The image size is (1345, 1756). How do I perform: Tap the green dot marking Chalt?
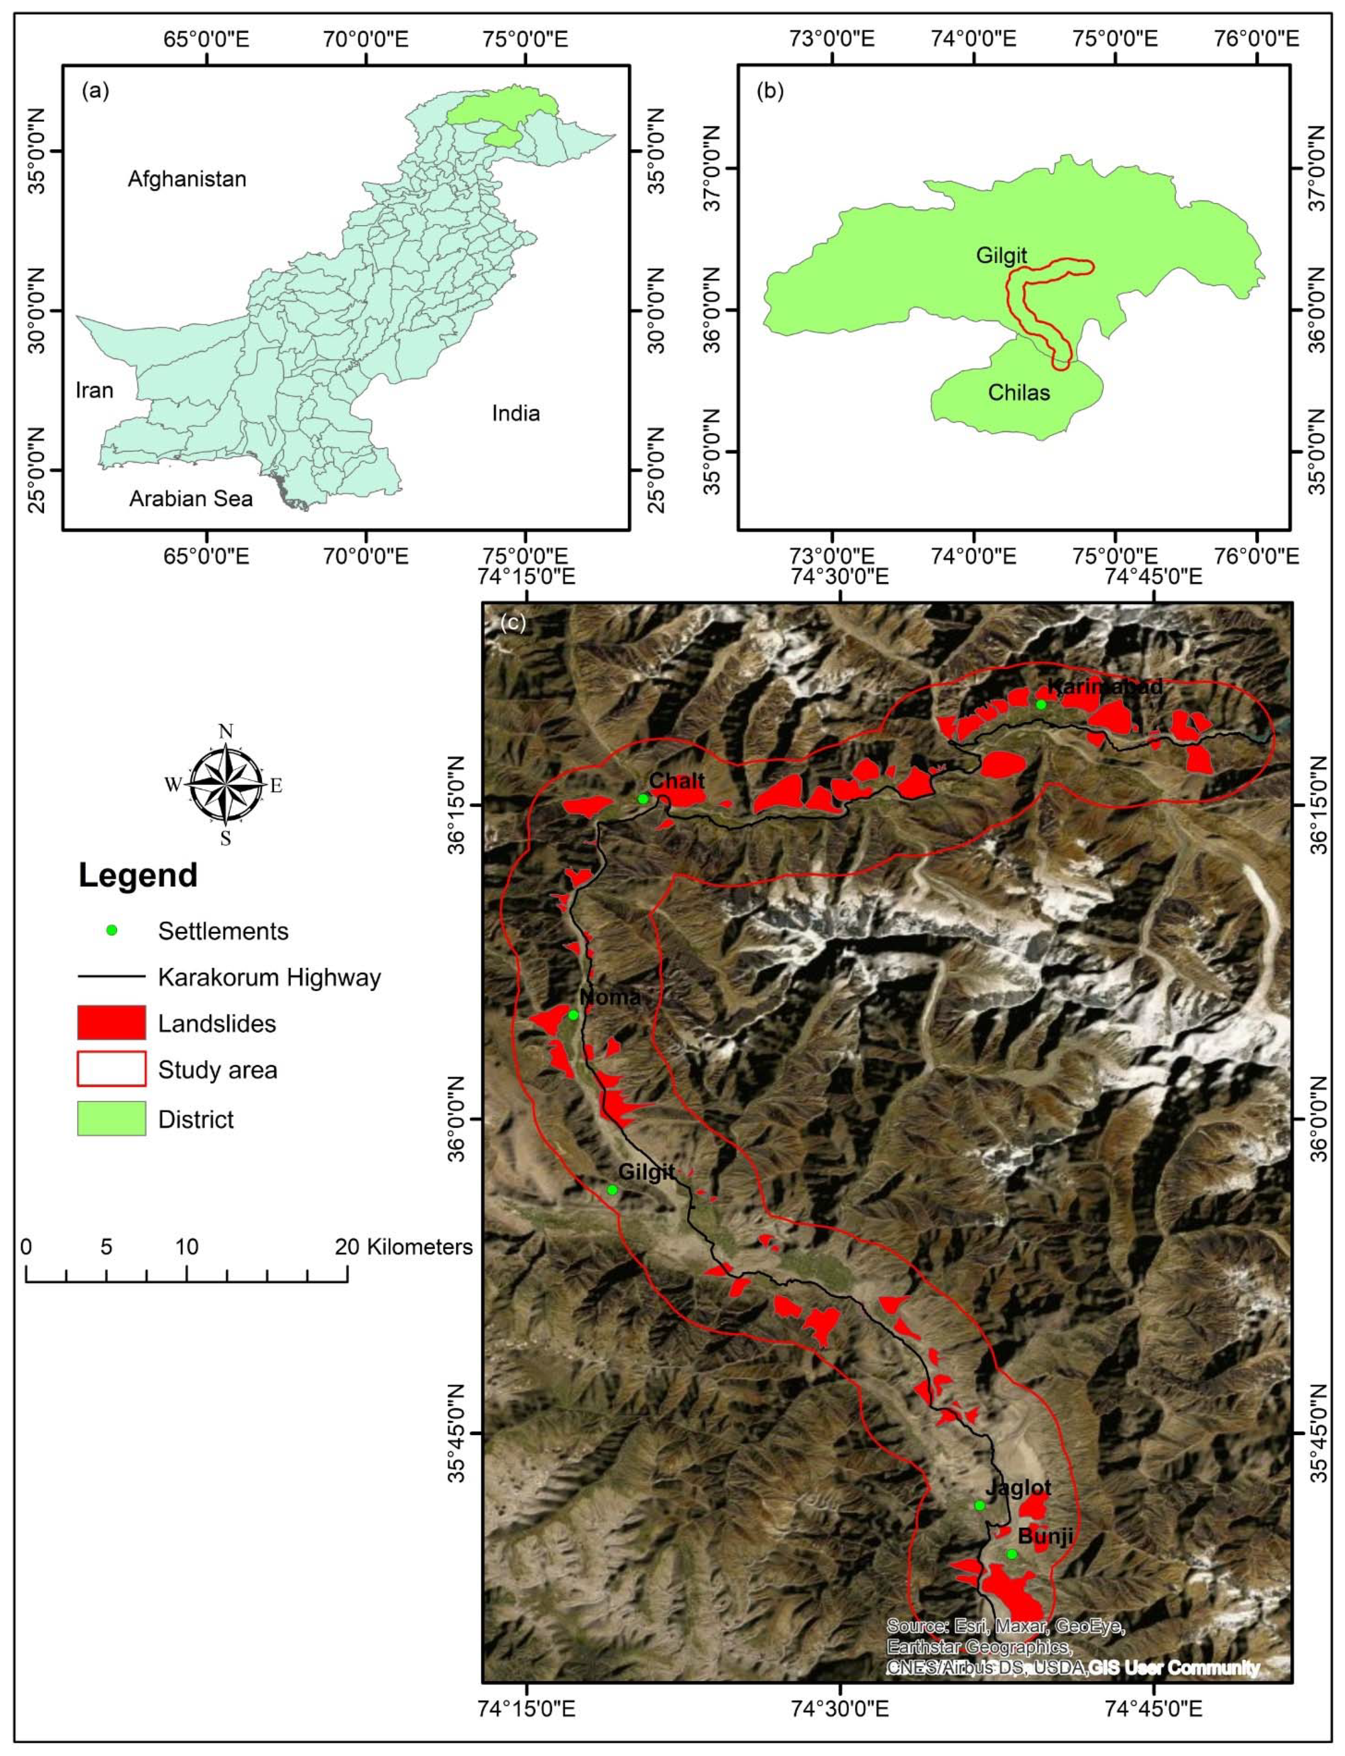pyautogui.click(x=643, y=798)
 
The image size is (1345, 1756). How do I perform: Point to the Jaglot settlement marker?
pyautogui.click(x=979, y=1506)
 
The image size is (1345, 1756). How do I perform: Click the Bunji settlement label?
pyautogui.click(x=1044, y=1536)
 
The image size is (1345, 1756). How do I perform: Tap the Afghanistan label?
pyautogui.click(x=187, y=179)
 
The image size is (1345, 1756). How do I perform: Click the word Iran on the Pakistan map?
pyautogui.click(x=94, y=390)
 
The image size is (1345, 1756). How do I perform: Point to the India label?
pyautogui.click(x=516, y=413)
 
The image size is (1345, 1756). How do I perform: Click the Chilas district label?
pyautogui.click(x=1018, y=392)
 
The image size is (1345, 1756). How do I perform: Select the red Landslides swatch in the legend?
pyautogui.click(x=111, y=1023)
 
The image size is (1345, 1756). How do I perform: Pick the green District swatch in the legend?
pyautogui.click(x=111, y=1119)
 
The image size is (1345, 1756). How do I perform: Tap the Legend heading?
pyautogui.click(x=138, y=875)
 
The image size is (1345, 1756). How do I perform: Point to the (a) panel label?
pyautogui.click(x=95, y=91)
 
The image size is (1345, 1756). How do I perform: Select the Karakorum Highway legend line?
pyautogui.click(x=111, y=977)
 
